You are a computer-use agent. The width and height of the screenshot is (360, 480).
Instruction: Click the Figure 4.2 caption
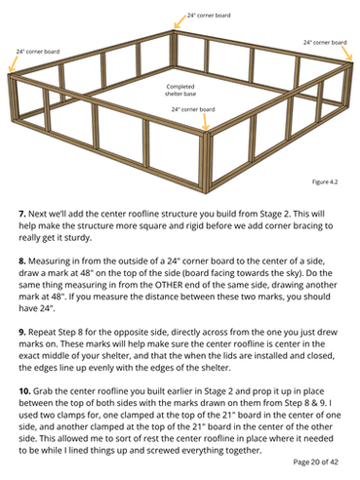tap(325, 181)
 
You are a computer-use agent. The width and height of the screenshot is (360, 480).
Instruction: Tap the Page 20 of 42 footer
tap(315, 461)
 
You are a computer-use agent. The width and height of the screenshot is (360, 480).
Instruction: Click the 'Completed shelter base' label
tap(180, 90)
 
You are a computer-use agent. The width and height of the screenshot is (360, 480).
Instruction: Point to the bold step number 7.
tap(22, 214)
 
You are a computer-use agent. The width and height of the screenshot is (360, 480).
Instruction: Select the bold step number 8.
tap(22, 260)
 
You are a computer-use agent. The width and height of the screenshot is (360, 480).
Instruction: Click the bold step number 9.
tap(22, 332)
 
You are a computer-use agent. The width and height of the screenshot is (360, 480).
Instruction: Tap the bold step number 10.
tap(24, 391)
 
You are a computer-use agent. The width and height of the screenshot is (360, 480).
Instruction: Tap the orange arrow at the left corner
tap(13, 63)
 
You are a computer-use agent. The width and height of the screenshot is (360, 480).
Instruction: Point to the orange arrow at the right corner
tap(347, 53)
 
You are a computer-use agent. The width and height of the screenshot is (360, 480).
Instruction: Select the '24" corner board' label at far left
tap(38, 52)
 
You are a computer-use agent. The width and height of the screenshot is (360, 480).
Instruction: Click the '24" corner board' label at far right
tap(325, 42)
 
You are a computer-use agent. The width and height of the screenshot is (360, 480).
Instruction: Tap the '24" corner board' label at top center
tap(209, 16)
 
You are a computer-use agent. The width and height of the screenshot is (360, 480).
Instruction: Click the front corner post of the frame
tap(206, 162)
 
